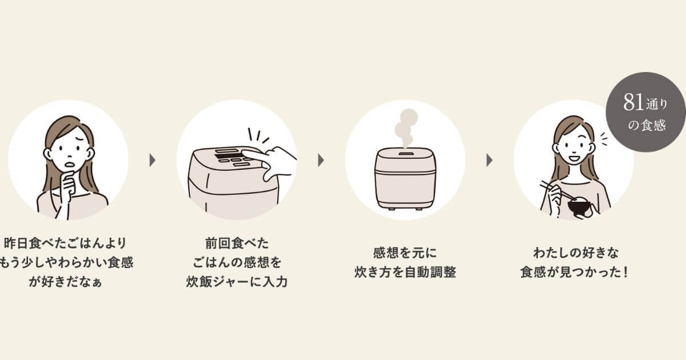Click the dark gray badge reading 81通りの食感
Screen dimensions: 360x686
click(x=647, y=113)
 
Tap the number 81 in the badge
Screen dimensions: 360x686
click(x=633, y=103)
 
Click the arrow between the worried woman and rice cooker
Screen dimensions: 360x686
click(x=153, y=160)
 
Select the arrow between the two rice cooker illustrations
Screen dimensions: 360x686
click(x=321, y=160)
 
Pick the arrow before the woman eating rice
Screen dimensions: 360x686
click(x=489, y=160)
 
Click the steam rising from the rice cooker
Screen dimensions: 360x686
click(x=406, y=127)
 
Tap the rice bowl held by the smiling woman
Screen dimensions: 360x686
click(x=580, y=207)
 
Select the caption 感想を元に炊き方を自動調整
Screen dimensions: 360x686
click(x=405, y=262)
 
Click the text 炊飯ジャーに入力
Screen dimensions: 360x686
click(x=236, y=282)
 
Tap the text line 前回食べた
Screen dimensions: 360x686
click(x=236, y=241)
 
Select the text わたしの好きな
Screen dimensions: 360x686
click(x=573, y=252)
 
